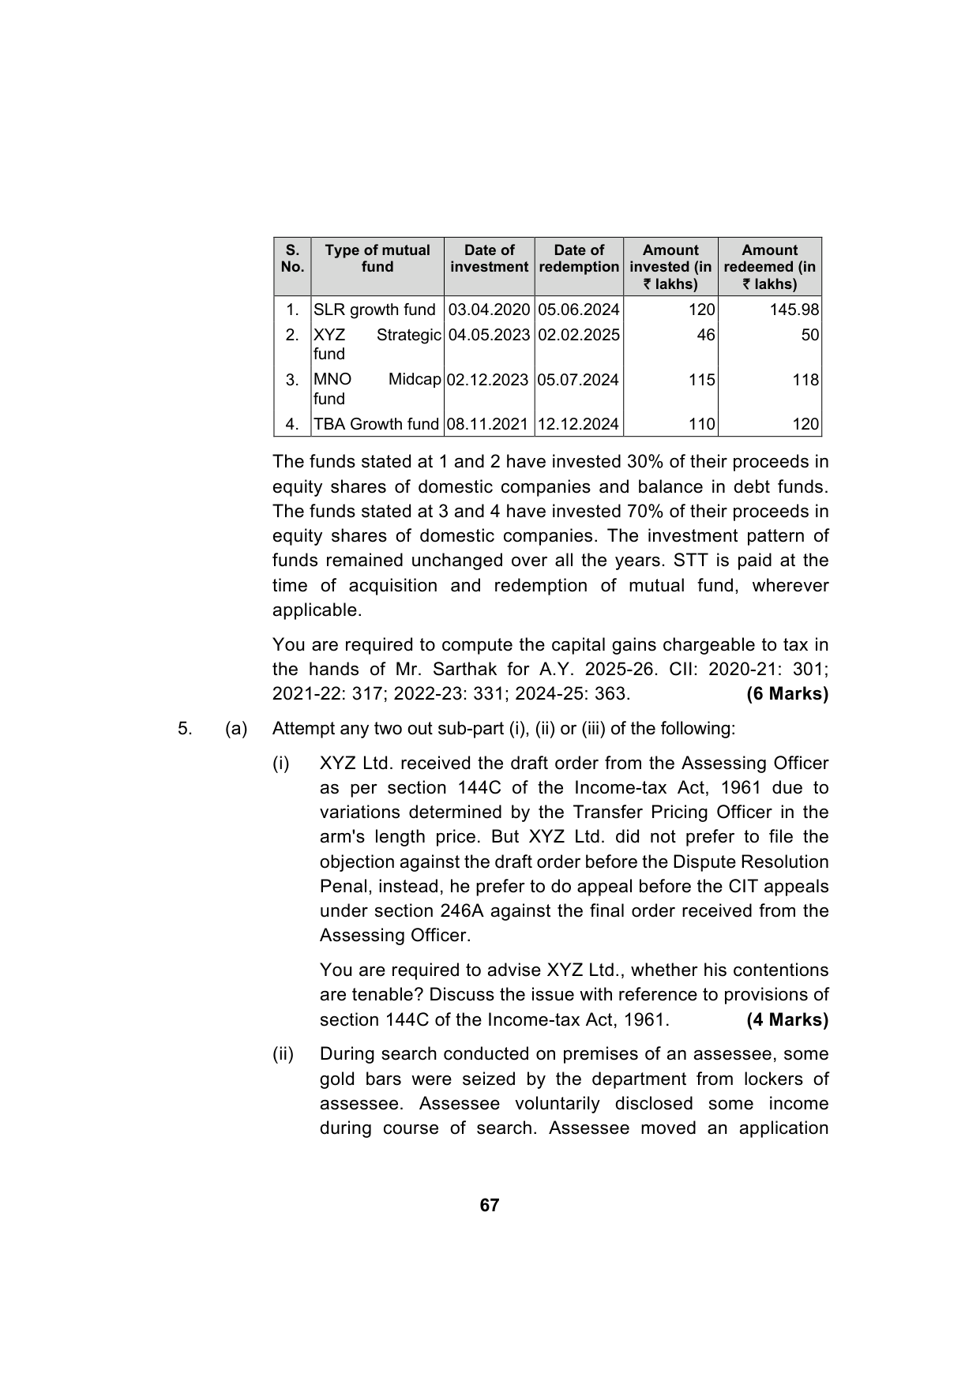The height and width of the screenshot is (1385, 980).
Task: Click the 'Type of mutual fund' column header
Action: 377,258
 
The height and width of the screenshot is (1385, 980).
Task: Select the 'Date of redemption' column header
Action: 579,258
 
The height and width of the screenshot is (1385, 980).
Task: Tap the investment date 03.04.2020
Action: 489,310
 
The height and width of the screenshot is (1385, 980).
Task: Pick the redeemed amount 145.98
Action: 794,310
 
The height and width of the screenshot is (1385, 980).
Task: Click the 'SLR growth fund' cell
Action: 374,310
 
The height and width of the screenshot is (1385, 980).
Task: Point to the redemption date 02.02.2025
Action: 578,335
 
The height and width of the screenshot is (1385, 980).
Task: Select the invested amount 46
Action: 705,335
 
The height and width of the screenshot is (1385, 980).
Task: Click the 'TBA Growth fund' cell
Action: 376,424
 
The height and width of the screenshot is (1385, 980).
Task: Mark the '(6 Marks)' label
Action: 787,694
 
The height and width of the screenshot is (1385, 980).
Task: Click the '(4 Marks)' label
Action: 787,1019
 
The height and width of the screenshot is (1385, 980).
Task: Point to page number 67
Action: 490,1205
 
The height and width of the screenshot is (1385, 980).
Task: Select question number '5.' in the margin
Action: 185,729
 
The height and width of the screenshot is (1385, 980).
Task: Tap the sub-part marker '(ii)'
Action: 283,1054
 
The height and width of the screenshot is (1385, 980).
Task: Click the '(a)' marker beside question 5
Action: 236,729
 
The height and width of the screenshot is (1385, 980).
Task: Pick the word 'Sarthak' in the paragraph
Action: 470,670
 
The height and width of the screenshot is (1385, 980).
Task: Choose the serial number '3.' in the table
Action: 292,380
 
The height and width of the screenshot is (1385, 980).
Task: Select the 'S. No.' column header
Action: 292,258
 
